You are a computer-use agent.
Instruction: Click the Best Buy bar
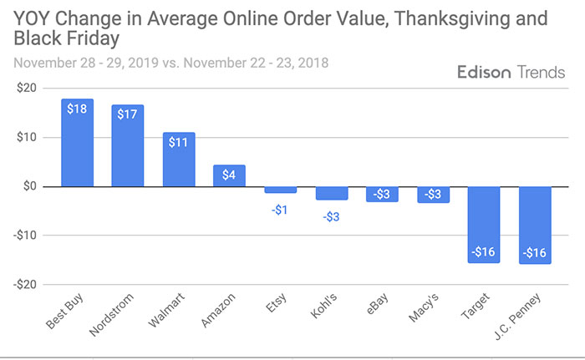coord(77,143)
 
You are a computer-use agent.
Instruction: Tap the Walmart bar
coord(179,160)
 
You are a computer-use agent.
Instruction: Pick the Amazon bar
coord(229,175)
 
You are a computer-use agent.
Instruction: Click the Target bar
coord(484,224)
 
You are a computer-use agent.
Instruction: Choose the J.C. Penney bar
coord(535,225)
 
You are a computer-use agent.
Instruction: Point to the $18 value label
coord(77,109)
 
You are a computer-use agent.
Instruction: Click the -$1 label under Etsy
coord(280,210)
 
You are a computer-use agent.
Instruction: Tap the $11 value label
coord(179,143)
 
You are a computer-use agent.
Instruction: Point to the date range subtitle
coord(171,63)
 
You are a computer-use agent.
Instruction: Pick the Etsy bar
coord(280,190)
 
